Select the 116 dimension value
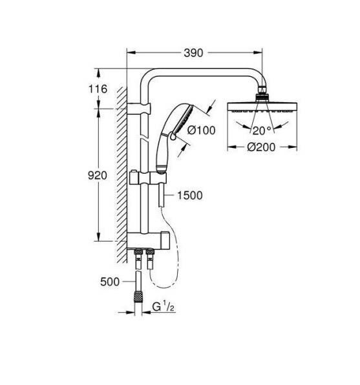[97, 89]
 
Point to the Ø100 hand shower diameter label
[201, 130]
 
